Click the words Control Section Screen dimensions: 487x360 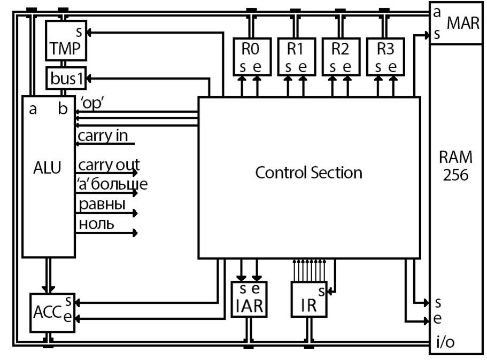[x=309, y=173]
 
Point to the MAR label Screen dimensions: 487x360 [x=463, y=23]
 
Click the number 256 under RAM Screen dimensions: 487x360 [x=455, y=175]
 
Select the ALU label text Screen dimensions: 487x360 [x=47, y=168]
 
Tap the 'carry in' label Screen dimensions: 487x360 [x=103, y=136]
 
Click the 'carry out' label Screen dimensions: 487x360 [x=109, y=165]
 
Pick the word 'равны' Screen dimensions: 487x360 [x=102, y=205]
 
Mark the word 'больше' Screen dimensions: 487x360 [x=120, y=184]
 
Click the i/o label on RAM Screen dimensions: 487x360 [x=445, y=342]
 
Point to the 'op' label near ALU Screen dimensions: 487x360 [x=92, y=103]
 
